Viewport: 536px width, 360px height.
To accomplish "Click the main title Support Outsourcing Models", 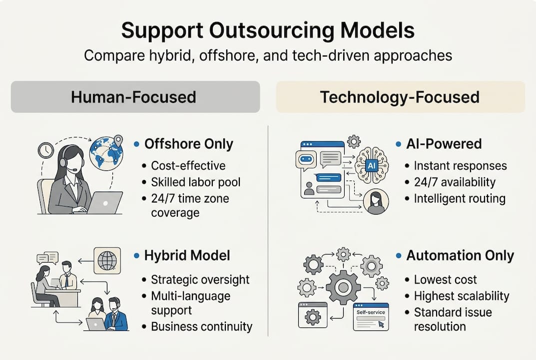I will pyautogui.click(x=268, y=30).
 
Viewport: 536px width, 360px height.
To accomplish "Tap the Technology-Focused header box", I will pyautogui.click(x=400, y=96).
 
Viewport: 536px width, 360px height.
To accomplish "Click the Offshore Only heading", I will pyautogui.click(x=188, y=144).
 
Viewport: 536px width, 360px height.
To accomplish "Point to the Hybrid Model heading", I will pyautogui.click(x=187, y=255).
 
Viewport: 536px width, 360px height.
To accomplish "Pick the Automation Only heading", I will pyautogui.click(x=460, y=255).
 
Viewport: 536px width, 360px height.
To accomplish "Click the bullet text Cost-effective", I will pyautogui.click(x=188, y=165).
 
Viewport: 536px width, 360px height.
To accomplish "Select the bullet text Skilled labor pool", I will pyautogui.click(x=195, y=181).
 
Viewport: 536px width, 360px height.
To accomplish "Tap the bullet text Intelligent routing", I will pyautogui.click(x=460, y=198).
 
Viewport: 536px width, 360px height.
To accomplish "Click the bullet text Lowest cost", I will pyautogui.click(x=445, y=279).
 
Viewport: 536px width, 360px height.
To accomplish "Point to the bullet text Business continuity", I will pyautogui.click(x=201, y=327).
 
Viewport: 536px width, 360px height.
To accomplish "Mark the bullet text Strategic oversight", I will pyautogui.click(x=200, y=279).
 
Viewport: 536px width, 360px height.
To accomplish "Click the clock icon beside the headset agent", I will pyautogui.click(x=46, y=150).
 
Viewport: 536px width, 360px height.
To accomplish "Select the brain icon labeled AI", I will pyautogui.click(x=372, y=164).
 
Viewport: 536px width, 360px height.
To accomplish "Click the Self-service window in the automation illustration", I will pyautogui.click(x=371, y=316).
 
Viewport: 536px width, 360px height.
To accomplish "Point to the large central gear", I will pyautogui.click(x=343, y=287).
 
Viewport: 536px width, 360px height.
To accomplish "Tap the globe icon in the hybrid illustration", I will pyautogui.click(x=107, y=260).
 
